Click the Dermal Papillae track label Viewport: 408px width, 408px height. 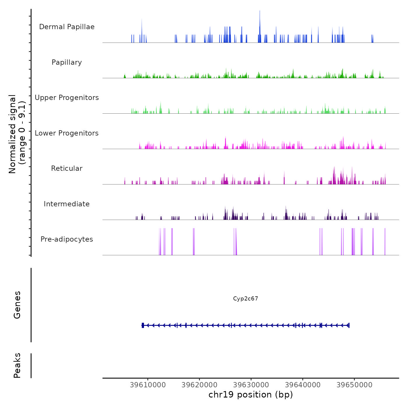(x=67, y=27)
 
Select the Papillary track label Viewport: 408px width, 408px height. (x=67, y=62)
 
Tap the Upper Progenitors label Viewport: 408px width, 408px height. (x=67, y=98)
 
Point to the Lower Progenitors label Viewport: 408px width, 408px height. (x=67, y=133)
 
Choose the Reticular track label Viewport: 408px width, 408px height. (x=67, y=168)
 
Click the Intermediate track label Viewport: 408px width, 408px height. (x=67, y=204)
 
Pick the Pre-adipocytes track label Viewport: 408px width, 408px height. (x=67, y=239)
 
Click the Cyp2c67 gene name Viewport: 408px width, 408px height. (x=245, y=299)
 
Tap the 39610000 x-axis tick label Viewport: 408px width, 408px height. (x=148, y=385)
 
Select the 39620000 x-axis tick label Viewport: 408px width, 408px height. (x=199, y=385)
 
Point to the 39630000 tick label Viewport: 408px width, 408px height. (x=251, y=385)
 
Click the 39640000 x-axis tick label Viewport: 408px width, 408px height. (x=303, y=385)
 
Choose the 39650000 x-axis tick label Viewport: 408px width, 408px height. (x=354, y=385)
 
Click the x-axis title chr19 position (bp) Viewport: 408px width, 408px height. (x=251, y=395)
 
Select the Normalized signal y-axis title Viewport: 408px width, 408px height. (x=17, y=134)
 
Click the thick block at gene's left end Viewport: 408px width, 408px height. (x=143, y=325)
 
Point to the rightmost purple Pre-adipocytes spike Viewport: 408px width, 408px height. (x=385, y=242)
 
